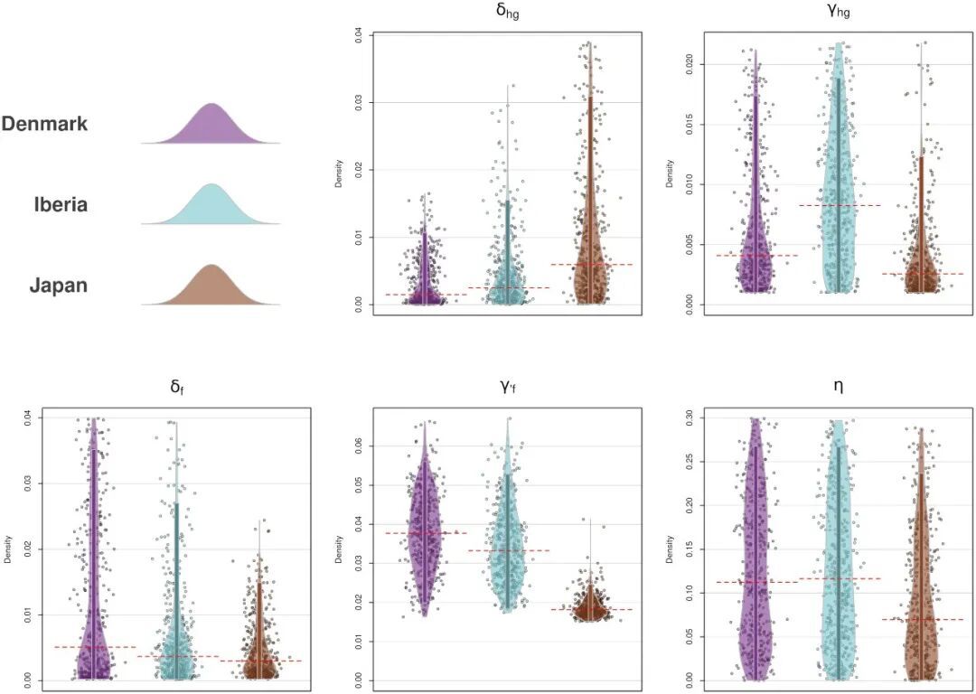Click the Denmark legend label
[x=44, y=124]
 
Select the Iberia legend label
[x=56, y=204]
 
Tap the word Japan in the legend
[x=59, y=286]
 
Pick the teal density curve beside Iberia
[x=211, y=208]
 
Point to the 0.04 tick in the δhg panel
[x=359, y=35]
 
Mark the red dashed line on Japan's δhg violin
[x=591, y=264]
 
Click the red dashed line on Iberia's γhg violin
[x=840, y=205]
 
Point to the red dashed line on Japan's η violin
[x=923, y=619]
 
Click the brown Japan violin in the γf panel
[x=593, y=604]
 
